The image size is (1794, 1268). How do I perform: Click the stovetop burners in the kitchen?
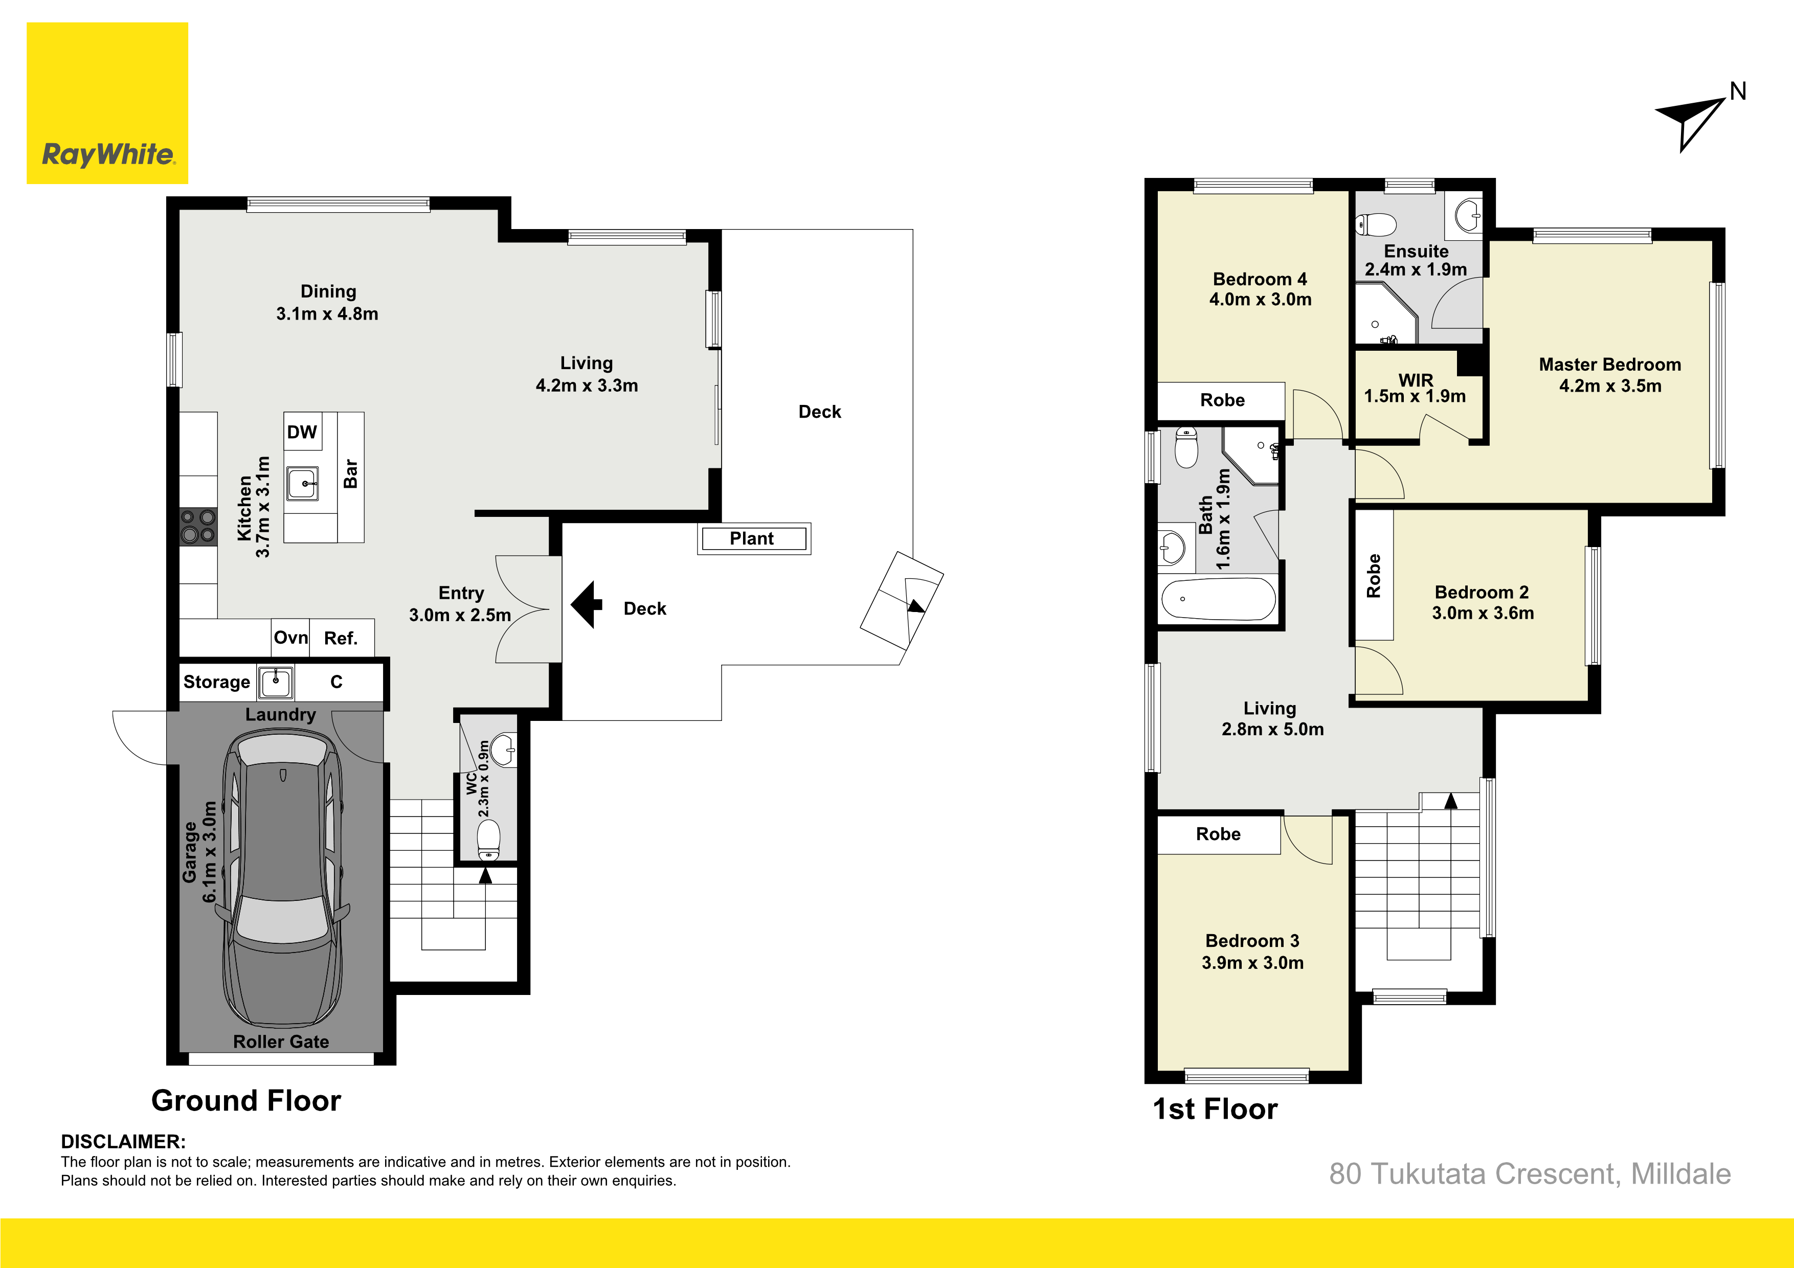[x=198, y=526]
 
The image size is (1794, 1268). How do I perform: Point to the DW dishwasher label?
[x=302, y=432]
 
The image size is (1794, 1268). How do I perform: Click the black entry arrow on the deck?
[x=586, y=604]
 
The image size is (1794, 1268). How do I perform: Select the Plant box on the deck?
[x=754, y=538]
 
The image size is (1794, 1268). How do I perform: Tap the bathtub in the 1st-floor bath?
[x=1218, y=599]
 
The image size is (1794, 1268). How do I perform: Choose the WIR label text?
[x=1415, y=380]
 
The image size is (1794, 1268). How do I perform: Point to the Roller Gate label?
[x=281, y=1041]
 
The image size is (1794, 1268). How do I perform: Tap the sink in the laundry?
[x=276, y=682]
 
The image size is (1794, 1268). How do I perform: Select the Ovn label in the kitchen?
[x=290, y=638]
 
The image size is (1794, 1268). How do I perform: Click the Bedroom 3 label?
[x=1252, y=941]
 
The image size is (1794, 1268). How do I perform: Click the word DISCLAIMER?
[x=123, y=1141]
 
